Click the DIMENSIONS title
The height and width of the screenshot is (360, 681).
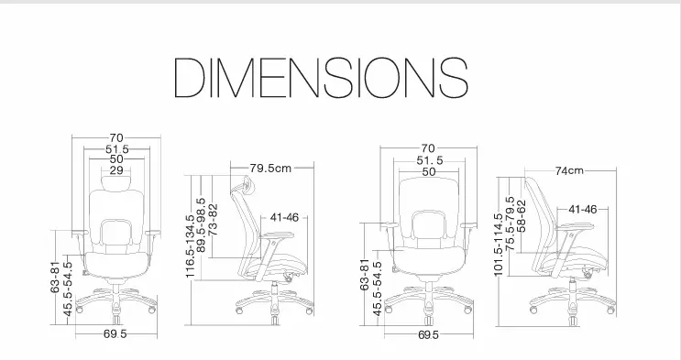coord(321,77)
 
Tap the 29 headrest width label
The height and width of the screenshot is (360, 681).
coord(116,170)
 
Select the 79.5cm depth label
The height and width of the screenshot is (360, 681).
coord(270,168)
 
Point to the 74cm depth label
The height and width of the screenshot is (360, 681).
coord(569,170)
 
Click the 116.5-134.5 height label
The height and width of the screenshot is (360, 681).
coord(191,246)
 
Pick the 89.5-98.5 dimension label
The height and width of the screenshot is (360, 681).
coord(201,225)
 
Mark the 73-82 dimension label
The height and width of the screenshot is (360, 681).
coord(213,220)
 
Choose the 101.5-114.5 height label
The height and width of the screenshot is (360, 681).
coord(499,244)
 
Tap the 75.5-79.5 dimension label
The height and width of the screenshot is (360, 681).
coord(511,224)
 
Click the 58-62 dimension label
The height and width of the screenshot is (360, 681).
coord(522,215)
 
